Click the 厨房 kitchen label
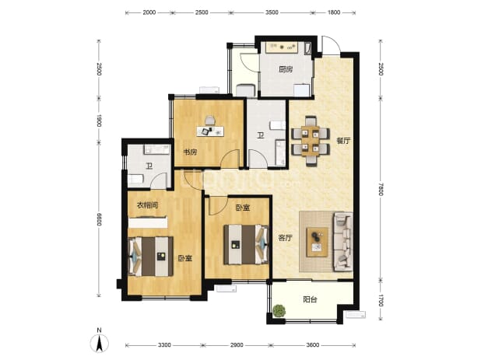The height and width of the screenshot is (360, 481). coord(286,69)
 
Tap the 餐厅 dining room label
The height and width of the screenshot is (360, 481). coord(343,141)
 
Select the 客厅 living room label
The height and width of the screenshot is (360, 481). coord(285,238)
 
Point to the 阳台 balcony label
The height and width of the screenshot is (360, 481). coord(310,299)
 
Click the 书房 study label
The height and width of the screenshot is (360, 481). coord(190,152)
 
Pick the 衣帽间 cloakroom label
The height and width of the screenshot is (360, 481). coord(147,205)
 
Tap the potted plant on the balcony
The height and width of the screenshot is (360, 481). coord(279,311)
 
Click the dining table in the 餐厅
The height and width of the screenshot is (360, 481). coord(311,141)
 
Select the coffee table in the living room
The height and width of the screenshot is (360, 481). coord(318,242)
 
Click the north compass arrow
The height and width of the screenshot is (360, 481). coord(99,343)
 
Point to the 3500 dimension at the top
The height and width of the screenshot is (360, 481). coord(272,12)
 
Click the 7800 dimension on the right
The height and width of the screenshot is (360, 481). coord(381,189)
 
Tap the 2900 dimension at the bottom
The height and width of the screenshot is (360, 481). coord(237,345)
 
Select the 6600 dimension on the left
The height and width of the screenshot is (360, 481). coord(99,219)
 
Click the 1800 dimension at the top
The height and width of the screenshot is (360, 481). coord(334,12)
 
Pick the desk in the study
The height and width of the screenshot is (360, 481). coord(210,131)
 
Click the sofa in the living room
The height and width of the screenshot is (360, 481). coord(343,242)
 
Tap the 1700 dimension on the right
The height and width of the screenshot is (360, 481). coord(381,300)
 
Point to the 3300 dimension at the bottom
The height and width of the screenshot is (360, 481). coord(164,345)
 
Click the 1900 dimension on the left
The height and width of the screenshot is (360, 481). coord(99,121)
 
